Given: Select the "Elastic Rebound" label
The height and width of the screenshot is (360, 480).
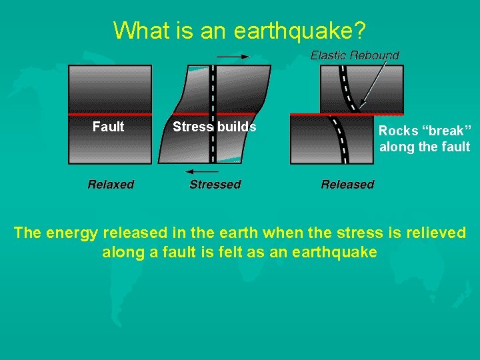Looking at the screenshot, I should [355, 55].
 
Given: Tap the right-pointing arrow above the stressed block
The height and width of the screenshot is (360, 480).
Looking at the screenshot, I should [232, 57].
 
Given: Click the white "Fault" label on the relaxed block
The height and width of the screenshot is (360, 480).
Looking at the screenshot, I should [108, 127].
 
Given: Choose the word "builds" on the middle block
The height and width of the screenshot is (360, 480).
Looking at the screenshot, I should [236, 127].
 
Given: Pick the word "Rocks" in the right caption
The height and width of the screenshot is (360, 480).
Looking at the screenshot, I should [398, 131].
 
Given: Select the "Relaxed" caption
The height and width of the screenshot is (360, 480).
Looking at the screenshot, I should [111, 185].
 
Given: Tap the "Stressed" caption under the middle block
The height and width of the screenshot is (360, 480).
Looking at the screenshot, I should [215, 185].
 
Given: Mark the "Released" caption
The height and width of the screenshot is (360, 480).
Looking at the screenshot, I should [347, 185].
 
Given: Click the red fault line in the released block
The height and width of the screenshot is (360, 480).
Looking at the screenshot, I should [313, 115].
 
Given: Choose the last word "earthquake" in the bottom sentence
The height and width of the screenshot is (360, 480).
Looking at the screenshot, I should [340, 253].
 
